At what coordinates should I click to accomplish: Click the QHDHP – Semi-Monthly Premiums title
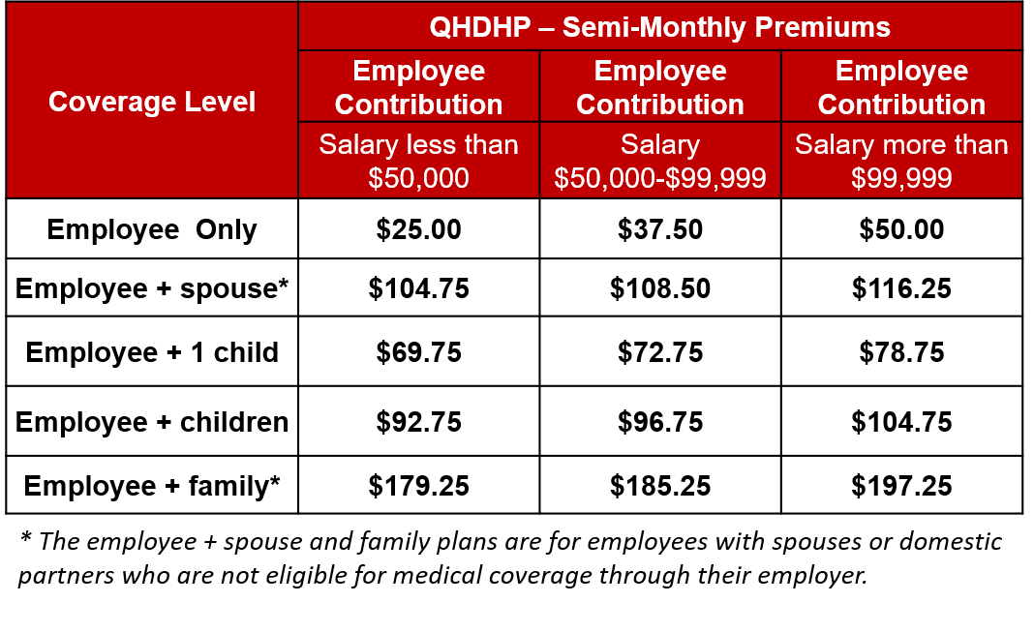click(x=659, y=27)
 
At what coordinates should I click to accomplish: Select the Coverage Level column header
click(x=152, y=102)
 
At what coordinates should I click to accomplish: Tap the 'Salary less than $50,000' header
click(x=419, y=161)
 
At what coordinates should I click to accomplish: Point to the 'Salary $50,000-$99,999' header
click(x=660, y=161)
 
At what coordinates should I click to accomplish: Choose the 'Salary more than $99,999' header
click(x=901, y=161)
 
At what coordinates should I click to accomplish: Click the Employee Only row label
click(x=152, y=229)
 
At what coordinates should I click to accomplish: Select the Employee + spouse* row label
click(x=152, y=288)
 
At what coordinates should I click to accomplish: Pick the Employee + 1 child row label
click(x=152, y=352)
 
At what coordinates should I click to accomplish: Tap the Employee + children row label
click(x=152, y=422)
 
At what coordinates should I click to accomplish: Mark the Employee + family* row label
click(x=152, y=486)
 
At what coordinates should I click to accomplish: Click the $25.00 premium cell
click(x=419, y=229)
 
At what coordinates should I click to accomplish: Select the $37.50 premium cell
click(x=660, y=229)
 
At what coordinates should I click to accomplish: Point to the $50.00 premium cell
click(x=901, y=229)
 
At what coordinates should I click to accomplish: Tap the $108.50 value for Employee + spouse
click(x=660, y=288)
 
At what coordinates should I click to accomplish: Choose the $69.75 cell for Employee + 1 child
click(x=419, y=352)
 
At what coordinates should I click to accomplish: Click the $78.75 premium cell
click(x=901, y=352)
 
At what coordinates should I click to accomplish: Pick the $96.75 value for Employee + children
click(x=660, y=422)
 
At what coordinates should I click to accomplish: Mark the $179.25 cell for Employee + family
click(x=419, y=486)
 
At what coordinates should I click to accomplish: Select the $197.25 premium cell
click(x=901, y=486)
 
